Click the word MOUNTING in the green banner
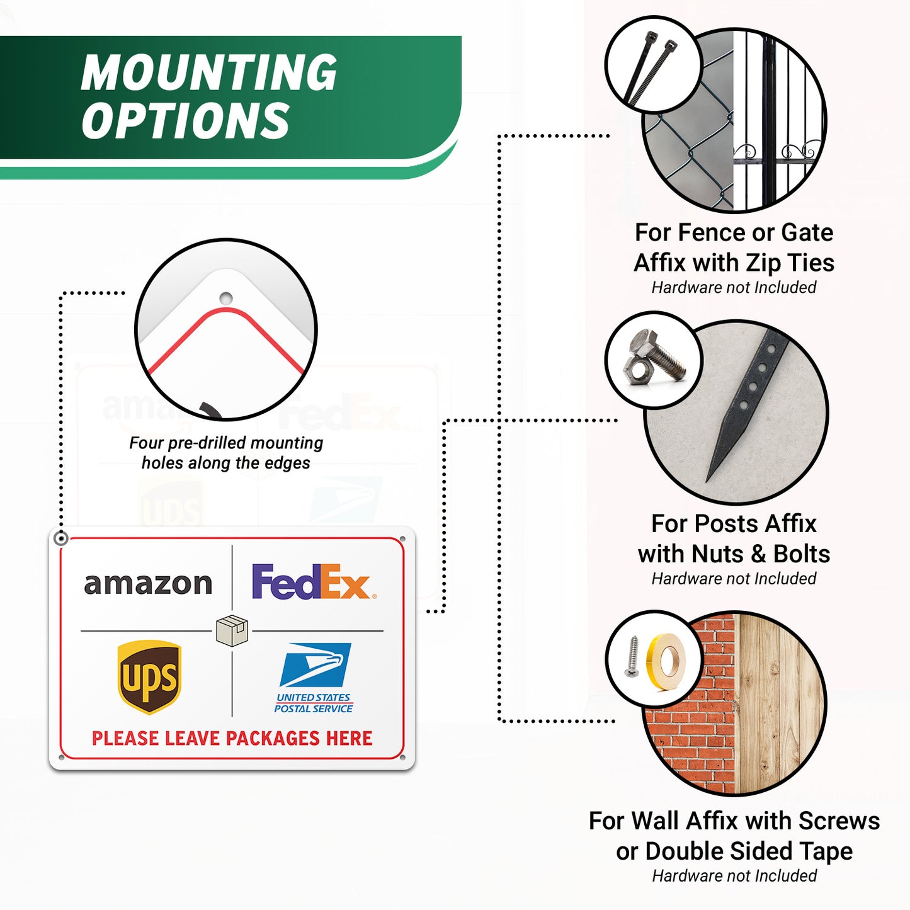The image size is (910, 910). coord(208,72)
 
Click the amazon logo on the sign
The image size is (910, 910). coord(148,584)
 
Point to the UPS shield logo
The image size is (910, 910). coord(149,677)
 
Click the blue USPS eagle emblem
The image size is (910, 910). coord(316,664)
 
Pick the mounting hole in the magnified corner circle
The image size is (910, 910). coord(225,299)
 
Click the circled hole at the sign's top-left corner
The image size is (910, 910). coord(61,538)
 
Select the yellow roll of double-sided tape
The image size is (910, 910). coord(666,662)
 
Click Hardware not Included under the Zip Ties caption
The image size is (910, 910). coord(734,287)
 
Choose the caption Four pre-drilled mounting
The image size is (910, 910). coord(226,443)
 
